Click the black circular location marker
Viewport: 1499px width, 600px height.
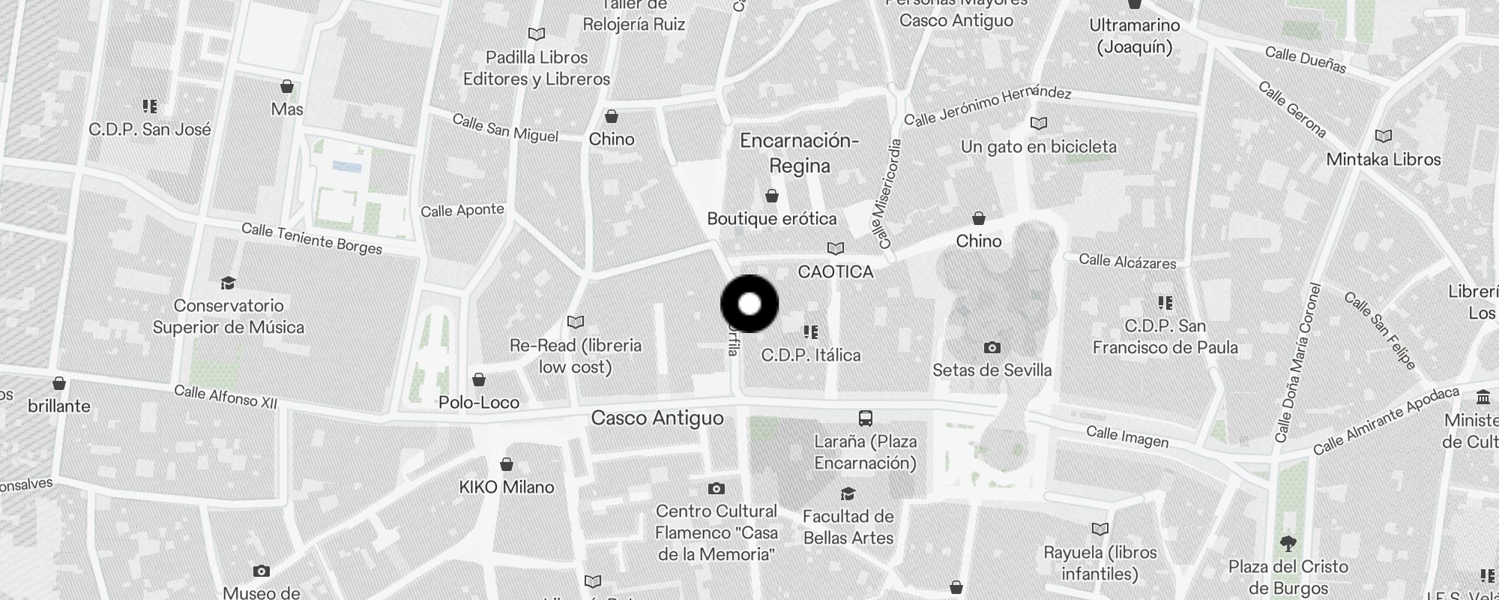[749, 304]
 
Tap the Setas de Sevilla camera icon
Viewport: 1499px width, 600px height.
[992, 347]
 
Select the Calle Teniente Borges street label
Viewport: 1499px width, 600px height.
[312, 239]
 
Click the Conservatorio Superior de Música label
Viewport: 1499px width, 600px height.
[229, 316]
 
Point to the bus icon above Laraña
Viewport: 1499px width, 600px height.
[865, 418]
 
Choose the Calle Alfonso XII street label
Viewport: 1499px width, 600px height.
[226, 397]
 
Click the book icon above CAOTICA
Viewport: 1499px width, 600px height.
[835, 248]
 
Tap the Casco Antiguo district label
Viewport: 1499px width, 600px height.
[657, 418]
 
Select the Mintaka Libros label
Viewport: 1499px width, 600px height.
[1384, 159]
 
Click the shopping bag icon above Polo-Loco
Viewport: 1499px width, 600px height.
[479, 379]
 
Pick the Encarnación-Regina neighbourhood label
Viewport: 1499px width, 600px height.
[799, 153]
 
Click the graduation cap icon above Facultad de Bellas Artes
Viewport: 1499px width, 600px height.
[848, 493]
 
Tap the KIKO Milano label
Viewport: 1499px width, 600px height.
[507, 487]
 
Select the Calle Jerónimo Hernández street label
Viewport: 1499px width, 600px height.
[987, 106]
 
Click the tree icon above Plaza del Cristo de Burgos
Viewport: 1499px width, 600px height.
[1288, 543]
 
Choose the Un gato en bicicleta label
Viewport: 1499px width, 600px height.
[1039, 146]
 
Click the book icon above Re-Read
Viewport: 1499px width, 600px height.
[575, 322]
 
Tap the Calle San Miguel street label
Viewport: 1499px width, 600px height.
[505, 127]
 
